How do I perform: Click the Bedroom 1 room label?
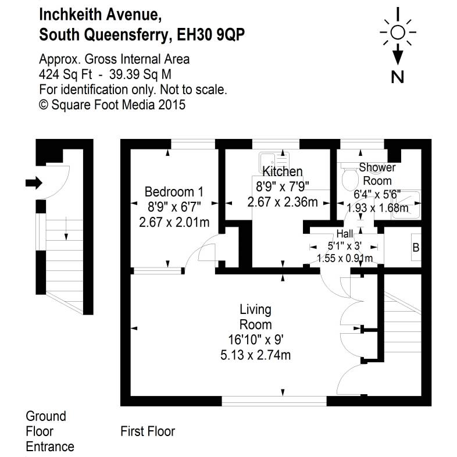pyautogui.click(x=174, y=191)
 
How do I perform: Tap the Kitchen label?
pyautogui.click(x=283, y=172)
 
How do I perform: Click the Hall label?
pyautogui.click(x=344, y=234)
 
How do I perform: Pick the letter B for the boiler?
pyautogui.click(x=415, y=248)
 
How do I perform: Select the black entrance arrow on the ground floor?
pyautogui.click(x=34, y=183)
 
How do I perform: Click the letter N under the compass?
pyautogui.click(x=398, y=76)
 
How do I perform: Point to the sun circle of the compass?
pyautogui.click(x=398, y=32)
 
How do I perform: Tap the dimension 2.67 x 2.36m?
pyautogui.click(x=283, y=202)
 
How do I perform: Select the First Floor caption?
pyautogui.click(x=148, y=431)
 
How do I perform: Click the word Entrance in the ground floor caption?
pyautogui.click(x=50, y=447)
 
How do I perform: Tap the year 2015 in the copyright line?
pyautogui.click(x=173, y=105)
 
